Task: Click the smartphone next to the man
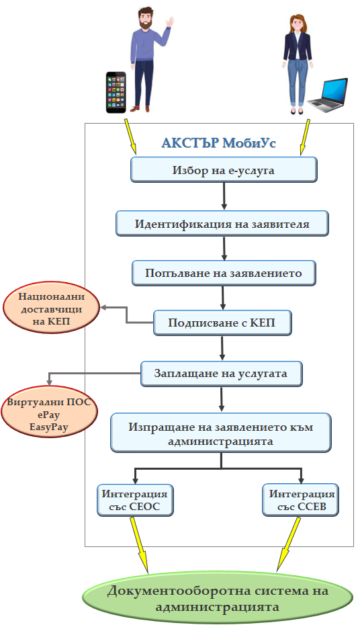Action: pos(116,93)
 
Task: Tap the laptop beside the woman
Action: pos(327,95)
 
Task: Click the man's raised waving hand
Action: pos(170,22)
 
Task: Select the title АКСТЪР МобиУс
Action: pos(219,142)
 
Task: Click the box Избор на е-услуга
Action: pos(224,170)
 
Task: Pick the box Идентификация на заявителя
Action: pos(222,224)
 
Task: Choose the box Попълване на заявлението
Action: pos(224,273)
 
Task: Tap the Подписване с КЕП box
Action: pos(222,323)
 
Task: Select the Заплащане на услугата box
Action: pos(222,374)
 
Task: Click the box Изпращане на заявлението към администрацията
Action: pos(221,433)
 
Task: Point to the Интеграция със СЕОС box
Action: pos(136,500)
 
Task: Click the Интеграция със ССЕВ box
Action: pos(301,500)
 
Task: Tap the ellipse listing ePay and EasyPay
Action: pos(50,414)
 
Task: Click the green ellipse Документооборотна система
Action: pos(218,597)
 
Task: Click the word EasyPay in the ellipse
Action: pos(49,427)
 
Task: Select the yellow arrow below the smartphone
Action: pos(130,136)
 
